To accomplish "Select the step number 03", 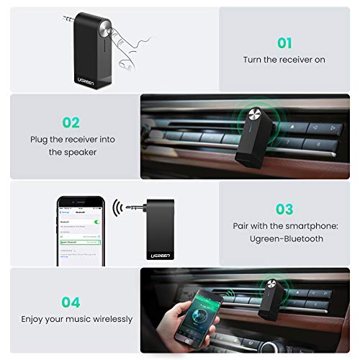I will (x=284, y=210).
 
